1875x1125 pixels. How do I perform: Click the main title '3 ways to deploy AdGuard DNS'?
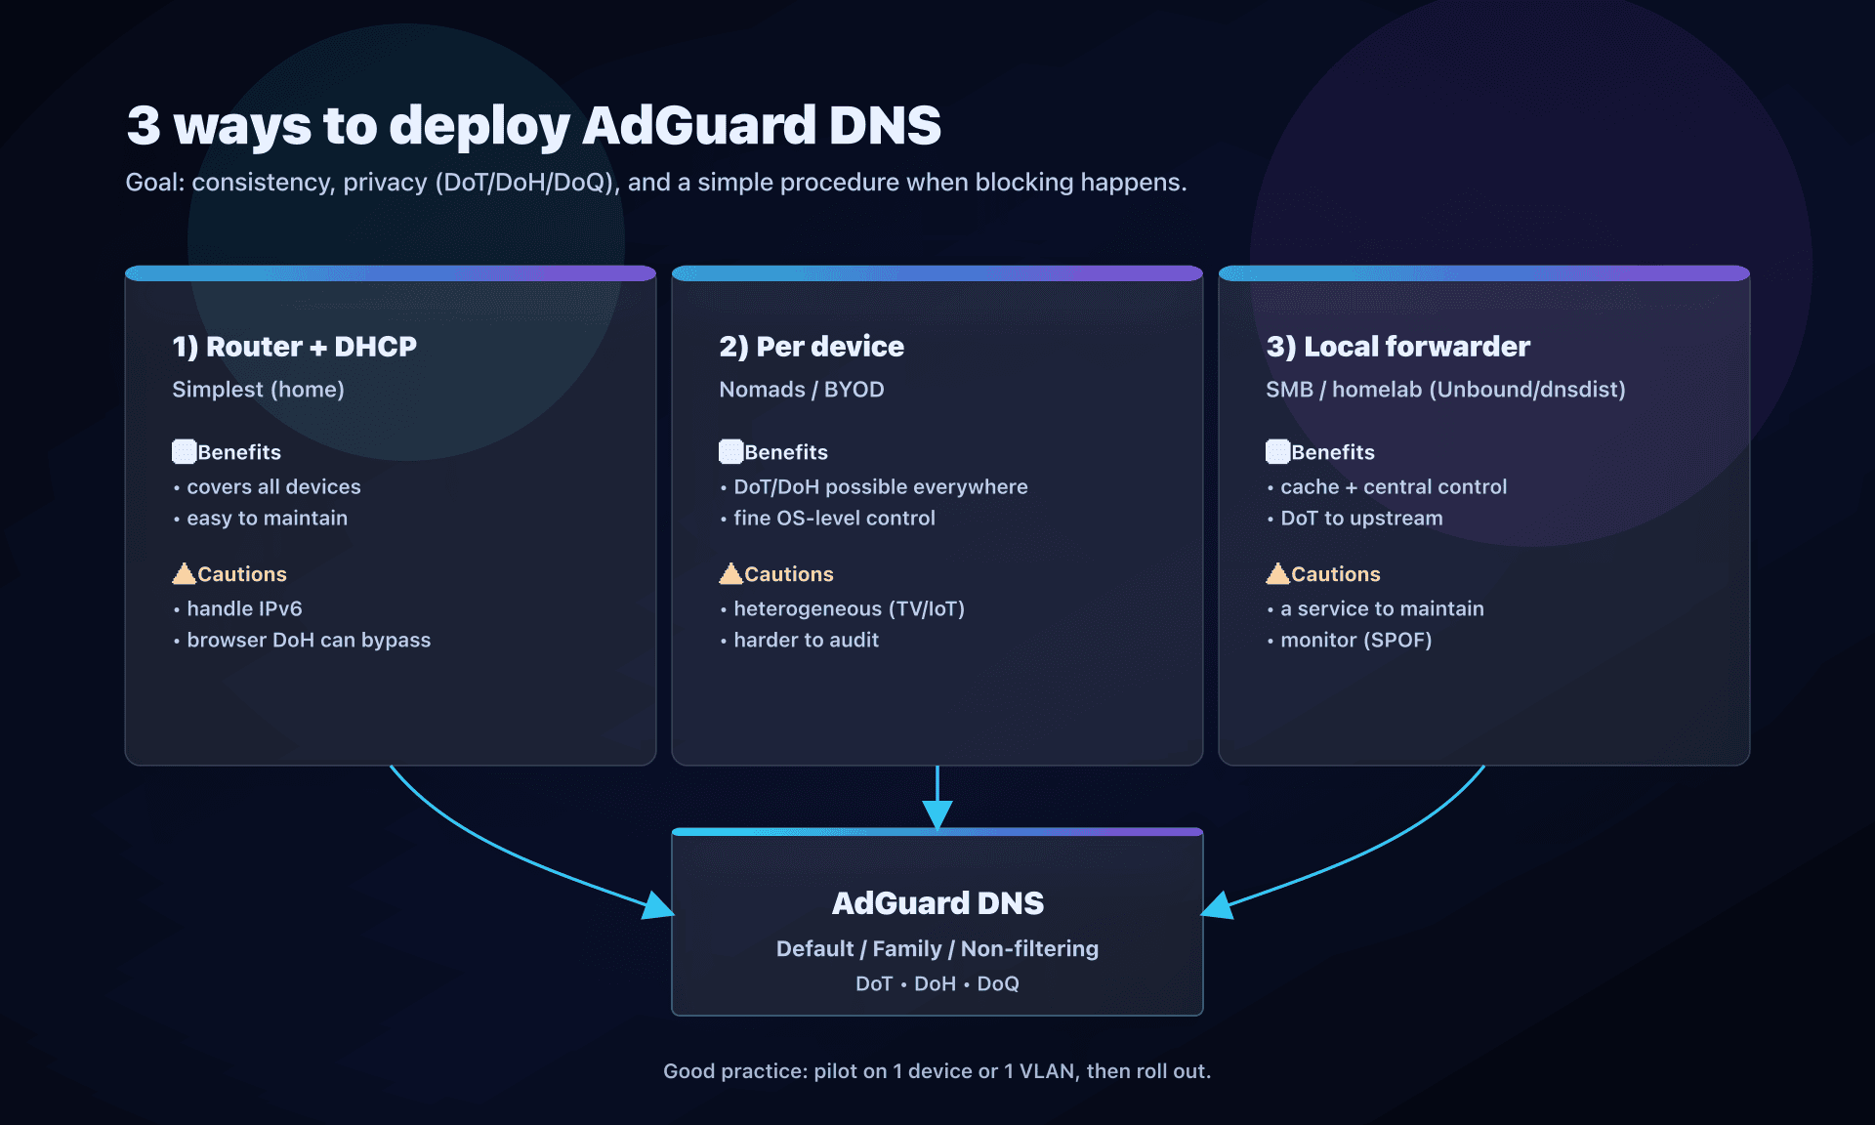tap(533, 126)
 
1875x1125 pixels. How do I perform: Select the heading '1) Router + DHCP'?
tap(294, 347)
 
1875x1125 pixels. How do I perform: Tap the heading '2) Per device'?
tap(811, 347)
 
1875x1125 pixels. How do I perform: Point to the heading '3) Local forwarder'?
tap(1397, 347)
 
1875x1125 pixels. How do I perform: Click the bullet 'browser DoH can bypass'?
tap(309, 641)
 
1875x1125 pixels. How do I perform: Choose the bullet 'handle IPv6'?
tap(244, 609)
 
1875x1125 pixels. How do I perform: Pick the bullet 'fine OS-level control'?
tap(834, 519)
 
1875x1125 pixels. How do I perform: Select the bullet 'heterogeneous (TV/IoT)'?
tap(849, 609)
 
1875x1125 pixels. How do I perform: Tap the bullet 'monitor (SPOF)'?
tap(1355, 641)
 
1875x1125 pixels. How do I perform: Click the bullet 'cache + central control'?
tap(1394, 487)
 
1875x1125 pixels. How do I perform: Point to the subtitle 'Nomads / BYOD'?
tap(801, 390)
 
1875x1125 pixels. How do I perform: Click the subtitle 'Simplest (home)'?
tap(258, 390)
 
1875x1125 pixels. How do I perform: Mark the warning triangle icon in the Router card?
tap(184, 573)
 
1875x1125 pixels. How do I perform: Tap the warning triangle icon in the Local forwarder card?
tap(1277, 573)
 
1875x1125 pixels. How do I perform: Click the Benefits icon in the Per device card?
tap(730, 451)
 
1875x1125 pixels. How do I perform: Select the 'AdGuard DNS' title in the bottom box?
tap(937, 903)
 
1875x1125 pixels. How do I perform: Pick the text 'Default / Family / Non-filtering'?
tap(937, 949)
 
